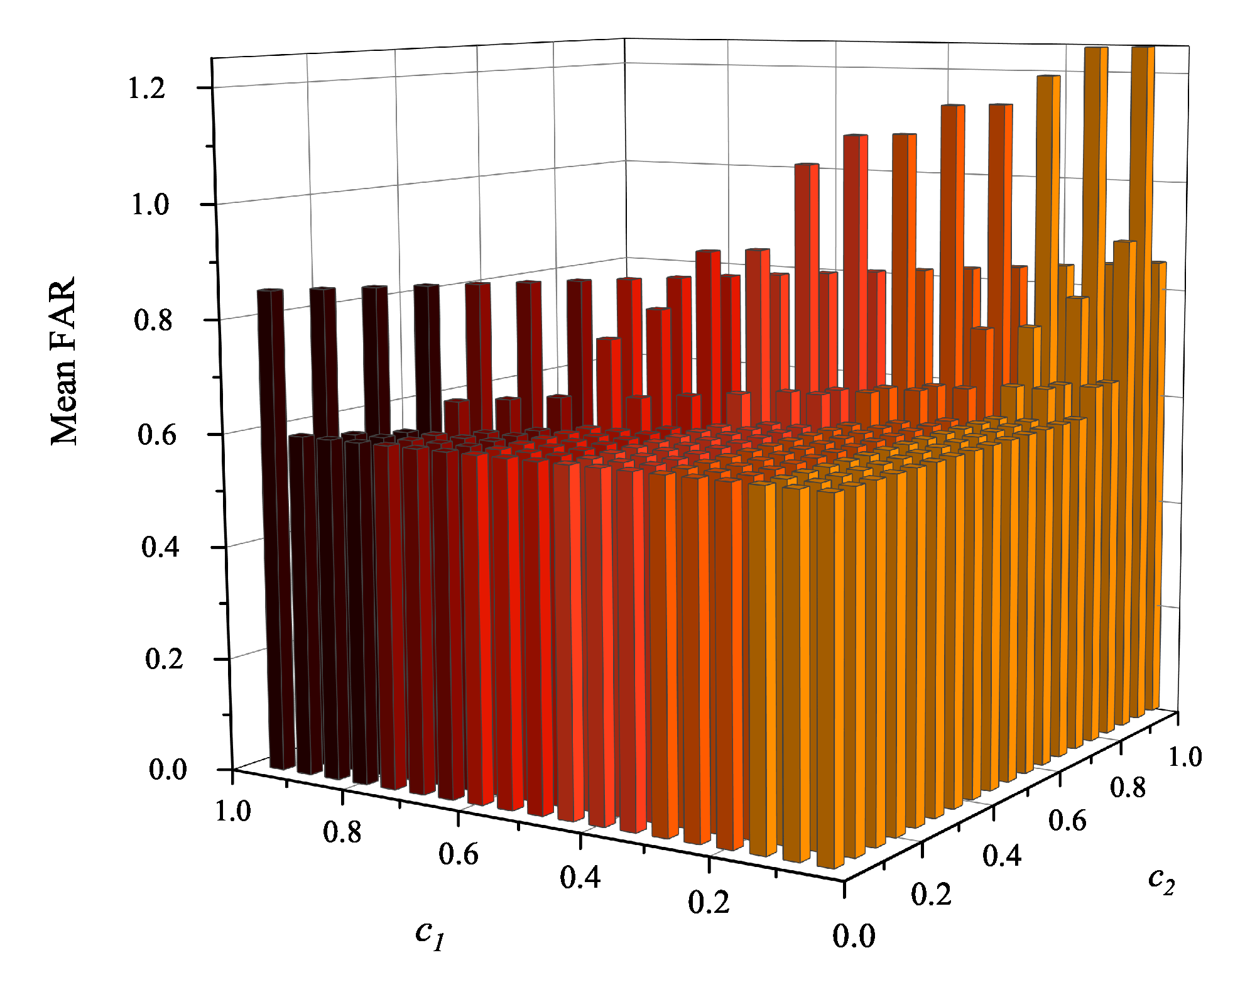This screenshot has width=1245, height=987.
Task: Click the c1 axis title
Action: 431,934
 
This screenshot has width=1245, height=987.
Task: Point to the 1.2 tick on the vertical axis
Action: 146,89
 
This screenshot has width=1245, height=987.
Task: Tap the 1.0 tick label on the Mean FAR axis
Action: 150,205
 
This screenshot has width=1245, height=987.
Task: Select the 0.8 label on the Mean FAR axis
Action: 153,320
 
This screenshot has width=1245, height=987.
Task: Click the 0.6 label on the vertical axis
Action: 156,435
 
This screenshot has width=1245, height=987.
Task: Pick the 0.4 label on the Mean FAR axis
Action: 160,547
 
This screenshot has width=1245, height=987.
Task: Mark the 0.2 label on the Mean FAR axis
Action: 164,659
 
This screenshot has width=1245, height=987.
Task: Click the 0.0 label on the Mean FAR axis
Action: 168,770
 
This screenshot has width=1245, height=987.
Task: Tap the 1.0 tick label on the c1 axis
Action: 233,812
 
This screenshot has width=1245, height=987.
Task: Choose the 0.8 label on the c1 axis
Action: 342,833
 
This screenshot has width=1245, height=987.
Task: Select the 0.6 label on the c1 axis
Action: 459,855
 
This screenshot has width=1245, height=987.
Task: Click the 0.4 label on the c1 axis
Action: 580,878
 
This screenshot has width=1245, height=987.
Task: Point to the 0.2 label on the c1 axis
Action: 709,903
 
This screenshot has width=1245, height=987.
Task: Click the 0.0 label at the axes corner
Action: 854,937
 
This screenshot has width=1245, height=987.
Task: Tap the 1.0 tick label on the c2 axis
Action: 1185,757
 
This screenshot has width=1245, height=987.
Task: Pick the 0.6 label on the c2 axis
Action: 1067,821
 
